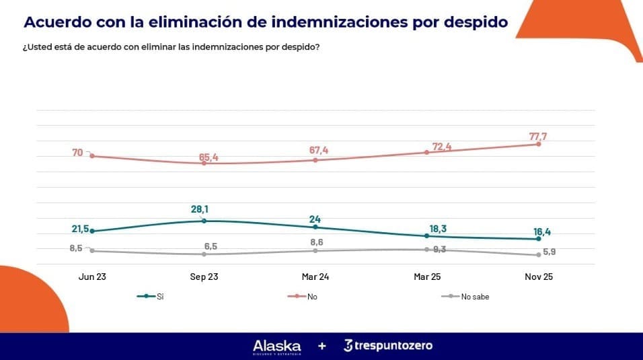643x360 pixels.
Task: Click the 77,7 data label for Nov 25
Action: pos(538,137)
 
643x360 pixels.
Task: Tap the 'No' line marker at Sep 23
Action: pos(204,164)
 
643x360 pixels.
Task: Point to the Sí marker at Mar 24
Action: pos(315,227)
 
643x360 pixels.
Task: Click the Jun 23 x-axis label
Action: pos(91,277)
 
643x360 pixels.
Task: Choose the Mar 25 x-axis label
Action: pos(427,277)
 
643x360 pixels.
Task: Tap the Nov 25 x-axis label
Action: pos(539,277)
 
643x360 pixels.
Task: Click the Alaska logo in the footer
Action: pos(276,346)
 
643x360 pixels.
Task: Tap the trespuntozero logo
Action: pos(387,346)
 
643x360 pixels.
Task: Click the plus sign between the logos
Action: pos(322,346)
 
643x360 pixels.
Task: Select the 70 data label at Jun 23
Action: pos(77,153)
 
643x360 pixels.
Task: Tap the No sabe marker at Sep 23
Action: pos(204,254)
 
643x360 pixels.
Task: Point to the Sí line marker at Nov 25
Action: pos(539,239)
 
